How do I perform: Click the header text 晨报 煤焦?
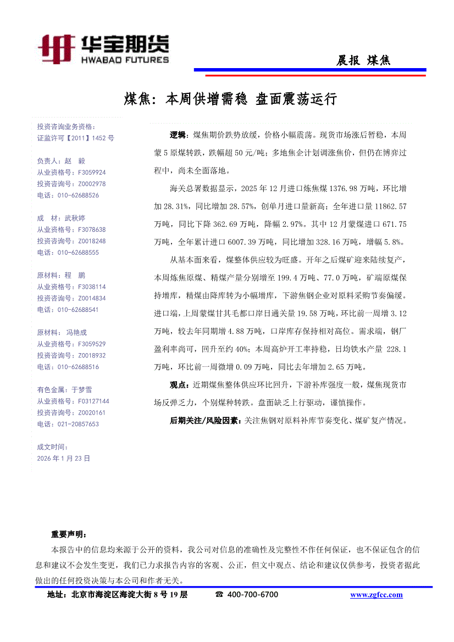pyautogui.click(x=363, y=60)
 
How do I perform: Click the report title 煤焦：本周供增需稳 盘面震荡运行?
pyautogui.click(x=230, y=99)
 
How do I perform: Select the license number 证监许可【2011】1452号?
pyautogui.click(x=76, y=138)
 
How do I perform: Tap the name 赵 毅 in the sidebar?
pyautogui.click(x=75, y=161)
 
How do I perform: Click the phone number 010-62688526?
pyautogui.click(x=77, y=195)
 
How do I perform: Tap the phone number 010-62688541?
pyautogui.click(x=77, y=310)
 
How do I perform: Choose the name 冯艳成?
pyautogui.click(x=76, y=333)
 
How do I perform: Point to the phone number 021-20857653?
pyautogui.click(x=77, y=424)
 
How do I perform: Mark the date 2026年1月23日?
pyautogui.click(x=64, y=458)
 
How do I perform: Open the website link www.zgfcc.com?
pyautogui.click(x=376, y=595)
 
